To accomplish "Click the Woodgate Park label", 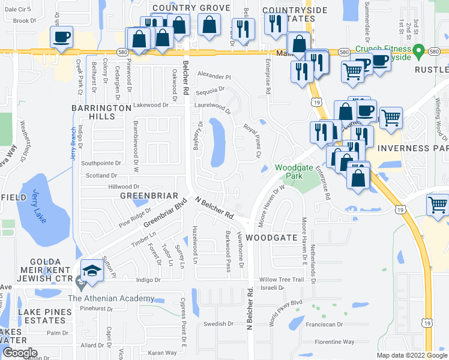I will tap(289, 172).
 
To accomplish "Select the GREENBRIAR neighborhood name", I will tap(149, 196).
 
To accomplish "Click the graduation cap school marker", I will tap(92, 271).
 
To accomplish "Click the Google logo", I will tap(20, 353).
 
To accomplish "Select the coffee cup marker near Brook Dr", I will tap(62, 37).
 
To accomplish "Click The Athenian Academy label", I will tap(111, 299).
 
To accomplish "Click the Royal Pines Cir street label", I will tap(253, 142).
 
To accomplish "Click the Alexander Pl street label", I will tap(214, 77).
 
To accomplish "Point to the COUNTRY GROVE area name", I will tap(191, 8).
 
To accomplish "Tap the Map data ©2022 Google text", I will tap(411, 355).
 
